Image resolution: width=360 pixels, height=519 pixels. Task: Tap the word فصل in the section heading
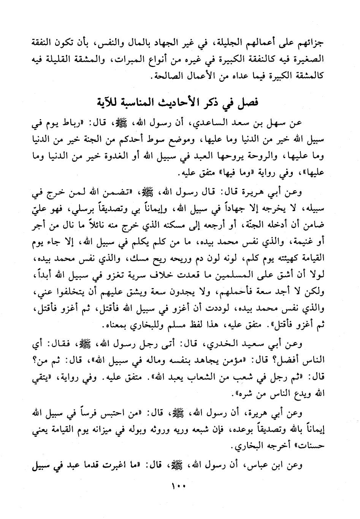pyautogui.click(x=249, y=102)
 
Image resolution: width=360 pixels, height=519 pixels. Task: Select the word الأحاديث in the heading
pyautogui.click(x=174, y=102)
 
